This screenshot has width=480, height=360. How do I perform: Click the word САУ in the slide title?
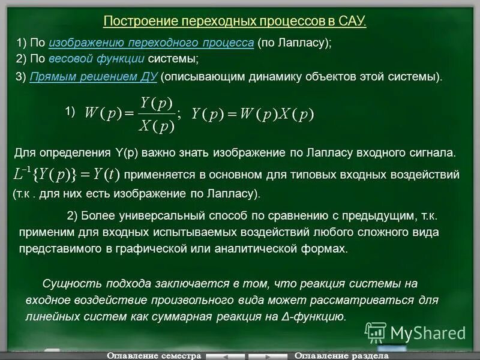tap(352, 21)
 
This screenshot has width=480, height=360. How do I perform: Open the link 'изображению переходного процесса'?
tap(151, 43)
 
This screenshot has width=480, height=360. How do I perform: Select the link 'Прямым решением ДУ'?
tap(93, 77)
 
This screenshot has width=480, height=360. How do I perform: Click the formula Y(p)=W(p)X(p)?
tap(253, 114)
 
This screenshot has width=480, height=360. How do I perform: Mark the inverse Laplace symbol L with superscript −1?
tap(22, 174)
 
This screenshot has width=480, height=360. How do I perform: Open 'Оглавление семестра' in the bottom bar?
tap(154, 355)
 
